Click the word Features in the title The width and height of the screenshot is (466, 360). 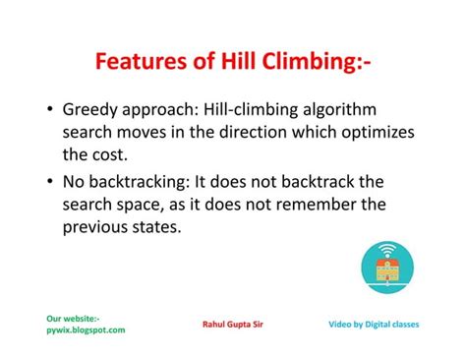pyautogui.click(x=139, y=65)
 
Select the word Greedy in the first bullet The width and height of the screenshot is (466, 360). pyautogui.click(x=89, y=110)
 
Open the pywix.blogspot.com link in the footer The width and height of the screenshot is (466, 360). pyautogui.click(x=86, y=330)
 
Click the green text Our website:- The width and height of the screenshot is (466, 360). pyautogui.click(x=73, y=318)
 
